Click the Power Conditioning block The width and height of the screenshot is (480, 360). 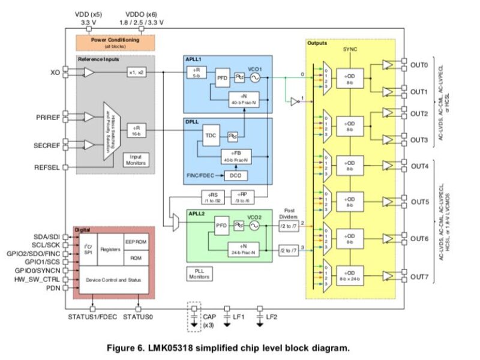[x=115, y=41]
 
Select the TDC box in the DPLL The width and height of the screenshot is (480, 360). [x=211, y=135]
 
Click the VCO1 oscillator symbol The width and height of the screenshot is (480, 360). [x=255, y=77]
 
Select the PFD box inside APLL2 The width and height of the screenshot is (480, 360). [x=221, y=226]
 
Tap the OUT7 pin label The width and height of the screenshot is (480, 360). [x=419, y=277]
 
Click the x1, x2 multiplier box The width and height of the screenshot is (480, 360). [x=137, y=73]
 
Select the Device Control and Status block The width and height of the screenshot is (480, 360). [x=115, y=280]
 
